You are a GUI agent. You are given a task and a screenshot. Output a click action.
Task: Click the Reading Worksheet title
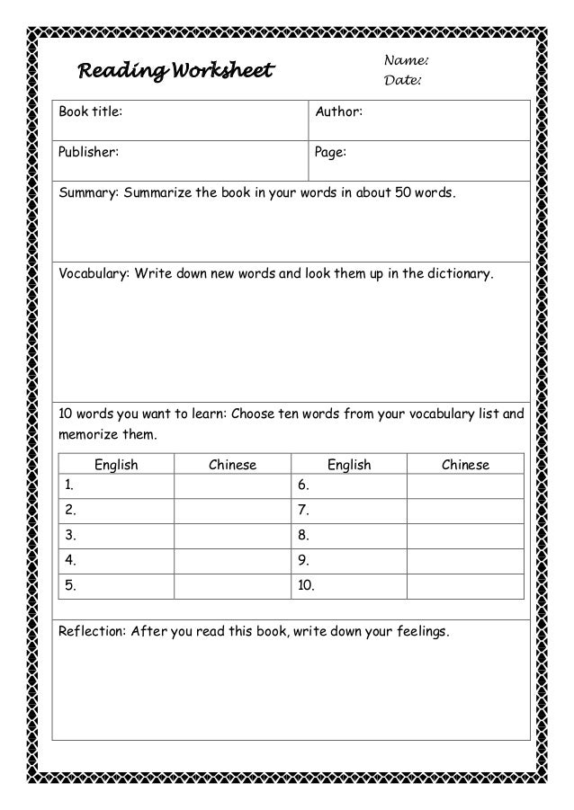[x=175, y=70]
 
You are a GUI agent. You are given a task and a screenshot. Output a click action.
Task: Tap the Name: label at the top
[x=405, y=60]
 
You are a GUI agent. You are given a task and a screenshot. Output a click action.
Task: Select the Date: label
[x=403, y=82]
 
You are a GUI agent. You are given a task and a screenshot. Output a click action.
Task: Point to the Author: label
[x=338, y=112]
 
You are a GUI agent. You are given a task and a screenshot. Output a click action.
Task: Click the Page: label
[x=330, y=152]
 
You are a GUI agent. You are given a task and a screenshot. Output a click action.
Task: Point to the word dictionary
[x=459, y=272]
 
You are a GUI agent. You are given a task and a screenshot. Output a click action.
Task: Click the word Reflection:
[x=94, y=631]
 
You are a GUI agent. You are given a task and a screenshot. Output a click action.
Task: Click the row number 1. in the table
[x=68, y=486]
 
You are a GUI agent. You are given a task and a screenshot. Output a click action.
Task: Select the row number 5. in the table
[x=68, y=587]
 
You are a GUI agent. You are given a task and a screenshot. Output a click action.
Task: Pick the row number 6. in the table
[x=303, y=486]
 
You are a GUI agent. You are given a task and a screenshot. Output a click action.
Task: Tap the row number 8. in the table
[x=303, y=537]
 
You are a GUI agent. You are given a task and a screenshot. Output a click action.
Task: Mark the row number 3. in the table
[x=68, y=537]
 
